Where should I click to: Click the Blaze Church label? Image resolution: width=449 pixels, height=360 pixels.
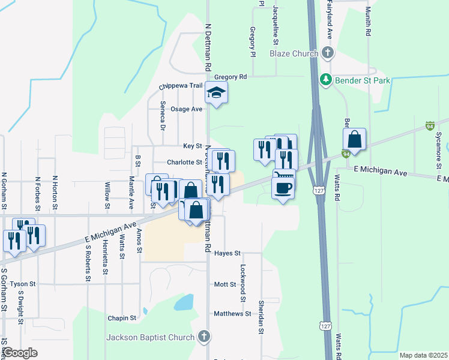point(294,53)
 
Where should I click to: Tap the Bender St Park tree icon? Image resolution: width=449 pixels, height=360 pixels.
point(325,79)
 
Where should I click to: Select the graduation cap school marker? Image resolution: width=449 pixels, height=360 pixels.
point(216,92)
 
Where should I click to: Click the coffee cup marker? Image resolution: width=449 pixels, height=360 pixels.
point(282,187)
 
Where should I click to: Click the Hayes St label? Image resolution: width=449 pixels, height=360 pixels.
point(227,253)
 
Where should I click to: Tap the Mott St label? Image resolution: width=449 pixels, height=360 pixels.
point(226,284)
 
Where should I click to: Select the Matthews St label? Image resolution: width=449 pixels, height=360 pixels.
point(232,313)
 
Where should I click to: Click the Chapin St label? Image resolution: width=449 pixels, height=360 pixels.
point(122,318)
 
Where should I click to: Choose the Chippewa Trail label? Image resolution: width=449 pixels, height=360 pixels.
point(181,86)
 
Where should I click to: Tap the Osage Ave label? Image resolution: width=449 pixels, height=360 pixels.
point(186,109)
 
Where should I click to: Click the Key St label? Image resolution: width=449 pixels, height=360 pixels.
point(192,146)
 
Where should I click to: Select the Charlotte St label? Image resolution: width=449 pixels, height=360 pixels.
point(184,162)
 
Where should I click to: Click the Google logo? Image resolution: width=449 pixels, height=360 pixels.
point(20,353)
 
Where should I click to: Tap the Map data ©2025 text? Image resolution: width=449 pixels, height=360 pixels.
point(423,355)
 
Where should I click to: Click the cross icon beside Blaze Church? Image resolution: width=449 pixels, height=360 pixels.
point(327,53)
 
